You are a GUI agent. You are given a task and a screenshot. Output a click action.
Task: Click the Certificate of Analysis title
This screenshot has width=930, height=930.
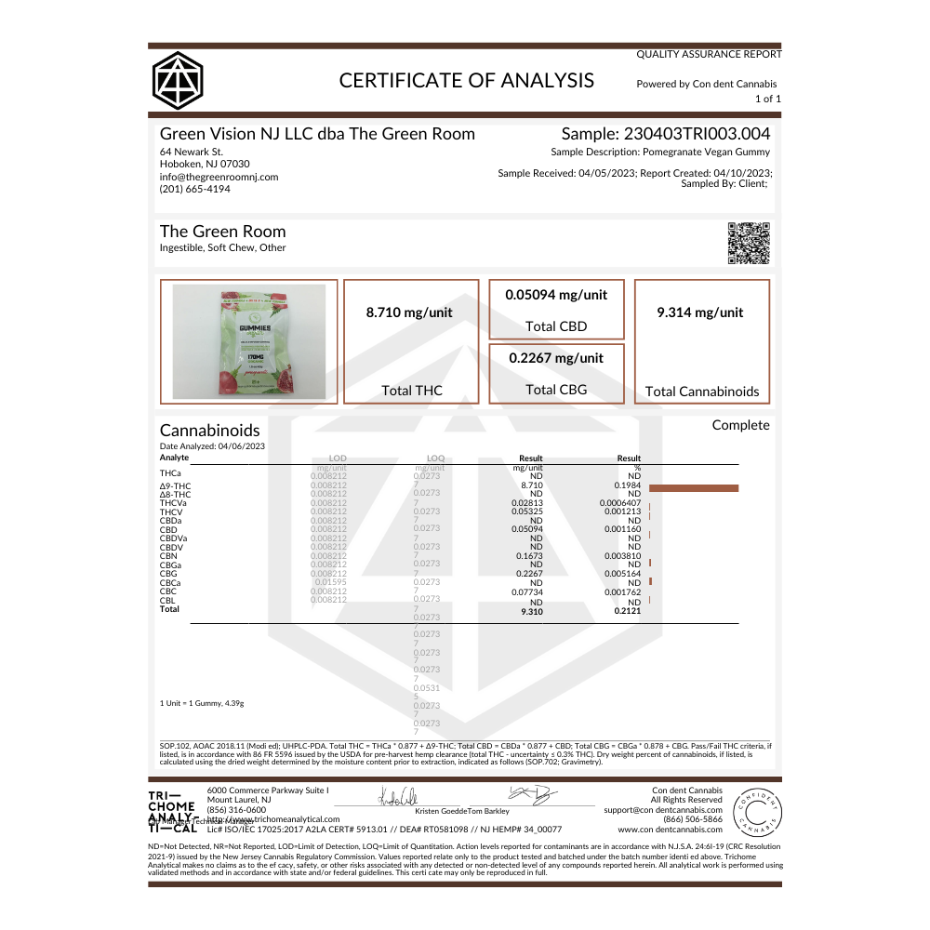[466, 80]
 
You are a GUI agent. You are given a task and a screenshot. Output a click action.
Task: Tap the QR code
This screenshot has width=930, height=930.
[749, 244]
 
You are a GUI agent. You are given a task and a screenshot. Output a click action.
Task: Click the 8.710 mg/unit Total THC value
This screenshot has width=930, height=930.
[411, 312]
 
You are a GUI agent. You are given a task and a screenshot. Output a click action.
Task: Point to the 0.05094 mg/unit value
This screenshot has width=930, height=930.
[556, 295]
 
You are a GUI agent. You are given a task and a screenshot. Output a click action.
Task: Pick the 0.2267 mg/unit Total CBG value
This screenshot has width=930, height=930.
[556, 358]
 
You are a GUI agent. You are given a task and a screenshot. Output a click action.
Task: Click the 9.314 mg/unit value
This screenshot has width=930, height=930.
[701, 312]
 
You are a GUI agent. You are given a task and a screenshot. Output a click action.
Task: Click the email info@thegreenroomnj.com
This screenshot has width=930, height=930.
[219, 177]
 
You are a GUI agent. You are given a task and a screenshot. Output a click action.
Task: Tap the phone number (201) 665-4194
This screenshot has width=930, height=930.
[195, 189]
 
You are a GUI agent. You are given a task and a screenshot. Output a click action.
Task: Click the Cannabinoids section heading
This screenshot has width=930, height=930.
[210, 431]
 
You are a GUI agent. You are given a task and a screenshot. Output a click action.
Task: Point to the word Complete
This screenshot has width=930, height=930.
[740, 425]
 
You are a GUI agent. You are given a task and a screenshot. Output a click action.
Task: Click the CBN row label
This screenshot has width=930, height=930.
[168, 556]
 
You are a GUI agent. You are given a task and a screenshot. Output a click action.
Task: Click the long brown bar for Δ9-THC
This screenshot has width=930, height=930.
[693, 487]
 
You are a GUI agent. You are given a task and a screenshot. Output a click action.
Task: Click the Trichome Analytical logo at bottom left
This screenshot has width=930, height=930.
[172, 810]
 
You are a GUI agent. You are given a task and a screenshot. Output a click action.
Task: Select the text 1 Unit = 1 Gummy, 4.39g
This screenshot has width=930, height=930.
[202, 703]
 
